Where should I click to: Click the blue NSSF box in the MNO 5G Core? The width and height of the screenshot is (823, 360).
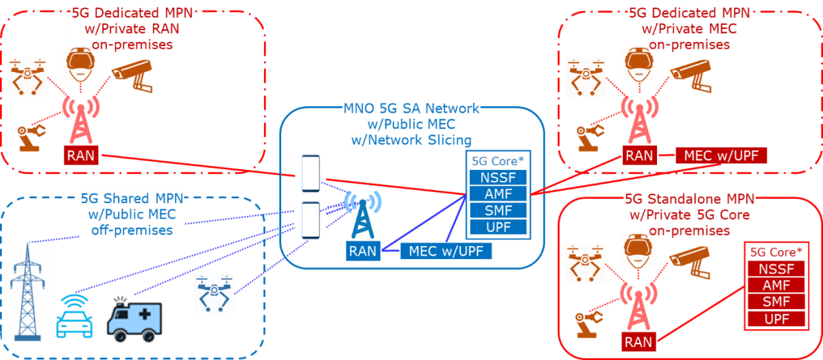pos(498,178)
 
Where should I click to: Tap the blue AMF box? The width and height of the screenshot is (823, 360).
pos(498,194)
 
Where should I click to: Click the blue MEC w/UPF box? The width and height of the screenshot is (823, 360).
pos(446,251)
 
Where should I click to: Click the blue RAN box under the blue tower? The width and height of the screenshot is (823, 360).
pos(362,251)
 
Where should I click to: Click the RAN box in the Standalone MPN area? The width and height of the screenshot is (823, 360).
pos(639,341)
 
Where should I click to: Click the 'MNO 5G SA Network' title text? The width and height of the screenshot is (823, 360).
pos(409,108)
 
